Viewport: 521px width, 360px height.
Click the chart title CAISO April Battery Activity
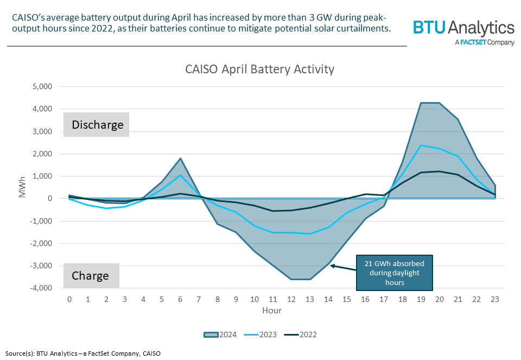coord(259,69)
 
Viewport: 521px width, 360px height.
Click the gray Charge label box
coord(91,275)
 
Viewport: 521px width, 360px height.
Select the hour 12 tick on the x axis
coord(291,299)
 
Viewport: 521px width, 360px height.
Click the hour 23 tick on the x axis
coord(495,299)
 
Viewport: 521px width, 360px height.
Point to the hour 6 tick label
coord(180,299)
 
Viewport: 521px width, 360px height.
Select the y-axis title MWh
coord(22,187)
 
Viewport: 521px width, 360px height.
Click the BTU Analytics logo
coord(463,31)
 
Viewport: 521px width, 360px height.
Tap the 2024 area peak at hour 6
coord(180,159)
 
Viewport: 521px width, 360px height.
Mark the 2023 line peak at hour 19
coord(421,145)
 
